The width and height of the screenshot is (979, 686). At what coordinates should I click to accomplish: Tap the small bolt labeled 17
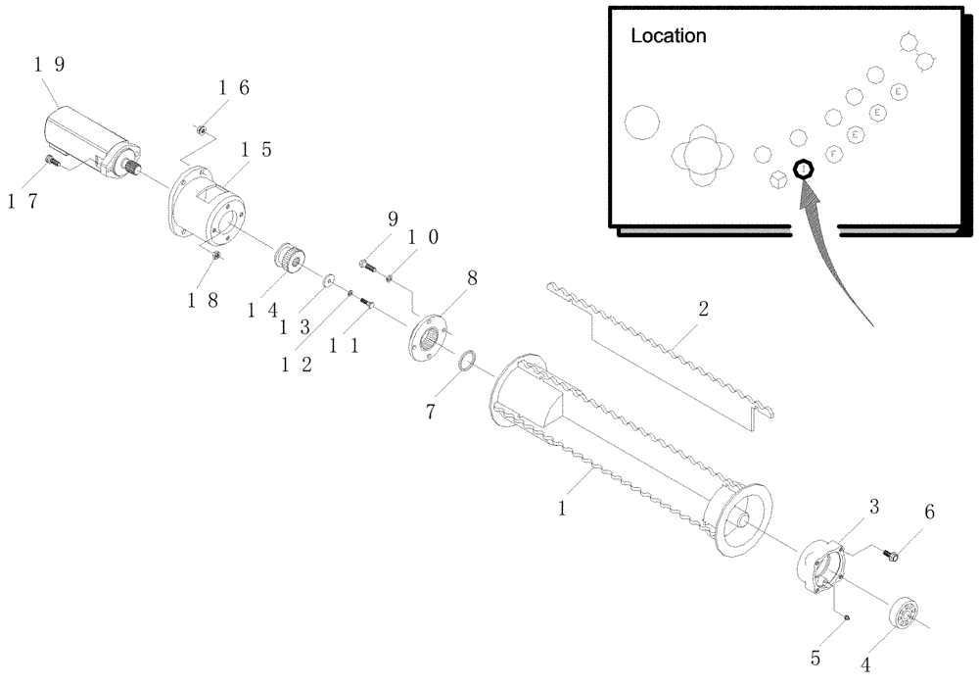52,161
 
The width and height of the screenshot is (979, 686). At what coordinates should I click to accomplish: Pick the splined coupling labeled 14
288,260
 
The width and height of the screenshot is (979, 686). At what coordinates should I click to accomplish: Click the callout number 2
702,309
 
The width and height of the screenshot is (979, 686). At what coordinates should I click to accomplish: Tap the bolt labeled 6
891,555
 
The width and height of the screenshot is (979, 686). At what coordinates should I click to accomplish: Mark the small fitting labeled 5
848,615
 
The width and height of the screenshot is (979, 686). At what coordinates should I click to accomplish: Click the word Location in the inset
668,36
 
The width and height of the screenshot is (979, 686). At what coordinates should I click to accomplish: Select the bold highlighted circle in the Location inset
803,169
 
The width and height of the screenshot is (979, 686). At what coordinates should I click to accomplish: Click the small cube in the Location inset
778,181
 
